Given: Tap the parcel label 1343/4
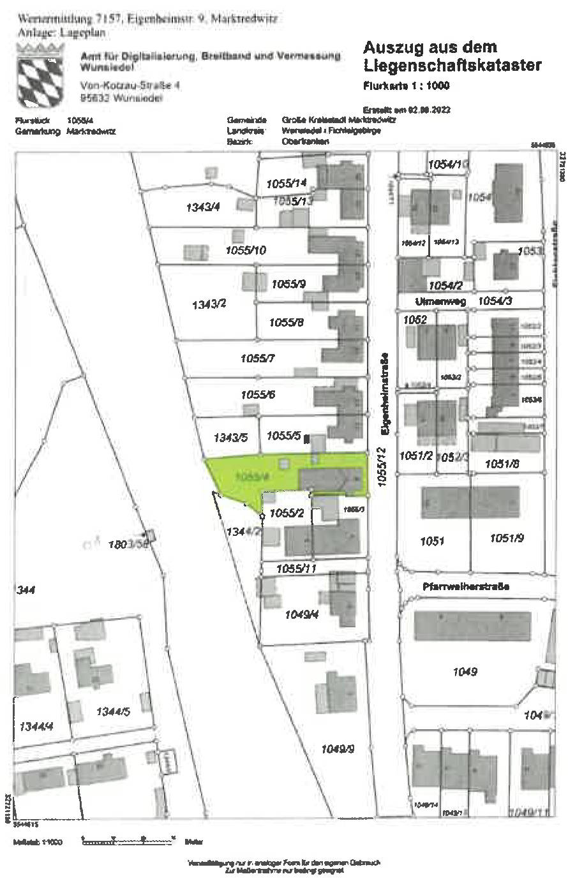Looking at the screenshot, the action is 203,206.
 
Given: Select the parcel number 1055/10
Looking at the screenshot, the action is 246,250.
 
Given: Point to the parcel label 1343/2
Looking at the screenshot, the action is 209,304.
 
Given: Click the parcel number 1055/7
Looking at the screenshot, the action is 257,359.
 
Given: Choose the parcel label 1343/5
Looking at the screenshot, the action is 230,438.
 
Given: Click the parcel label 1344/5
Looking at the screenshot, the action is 114,712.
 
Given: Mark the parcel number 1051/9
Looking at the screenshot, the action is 507,538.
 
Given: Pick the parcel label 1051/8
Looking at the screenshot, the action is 503,464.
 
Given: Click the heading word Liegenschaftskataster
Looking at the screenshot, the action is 452,65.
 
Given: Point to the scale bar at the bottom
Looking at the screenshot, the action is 128,841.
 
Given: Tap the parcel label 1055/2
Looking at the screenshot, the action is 286,512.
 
